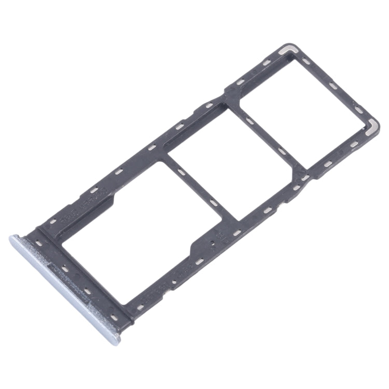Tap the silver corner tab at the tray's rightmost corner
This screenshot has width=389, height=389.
click(x=371, y=126)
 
